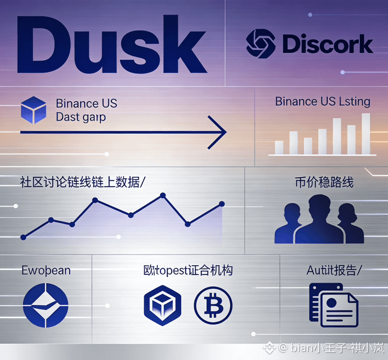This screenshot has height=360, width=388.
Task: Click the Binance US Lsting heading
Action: point(322,101)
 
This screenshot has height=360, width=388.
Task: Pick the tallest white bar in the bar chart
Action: point(366,134)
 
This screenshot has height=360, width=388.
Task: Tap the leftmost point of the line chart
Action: point(23,237)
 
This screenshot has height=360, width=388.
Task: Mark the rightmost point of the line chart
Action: point(221,204)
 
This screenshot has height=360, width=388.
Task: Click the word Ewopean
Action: point(46,270)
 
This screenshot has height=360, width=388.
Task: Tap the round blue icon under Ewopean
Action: point(45,306)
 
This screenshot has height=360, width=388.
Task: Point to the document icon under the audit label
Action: point(333,304)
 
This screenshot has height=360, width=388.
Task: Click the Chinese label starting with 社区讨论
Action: point(82,181)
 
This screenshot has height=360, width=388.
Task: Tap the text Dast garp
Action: point(81,117)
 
